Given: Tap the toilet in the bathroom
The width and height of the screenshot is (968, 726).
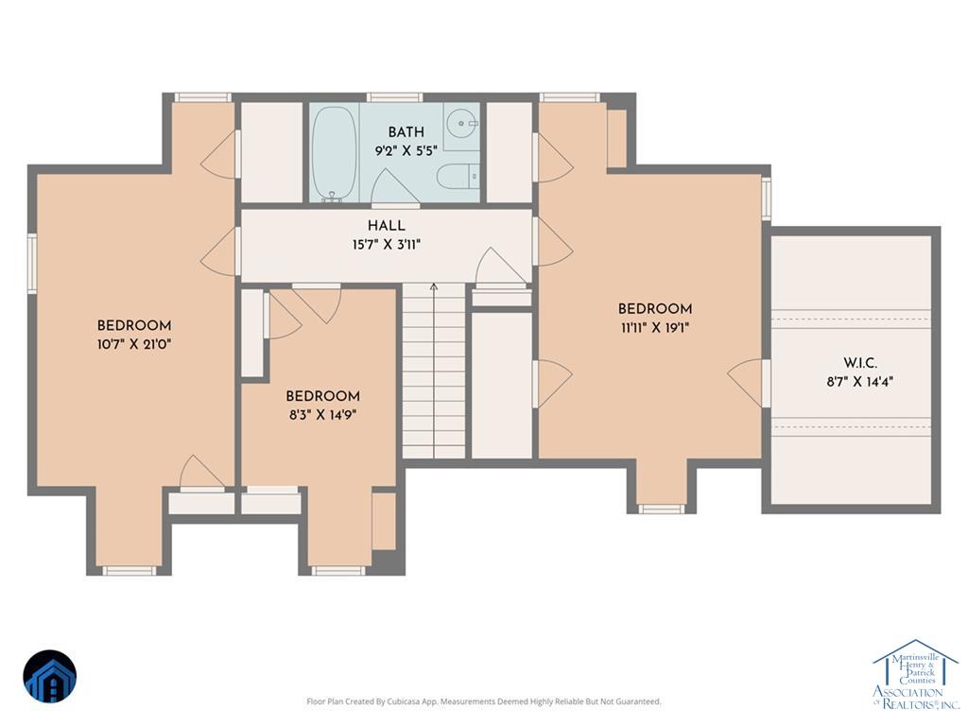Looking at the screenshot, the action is [x=458, y=176].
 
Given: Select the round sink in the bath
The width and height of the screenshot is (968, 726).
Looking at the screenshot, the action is [x=461, y=124].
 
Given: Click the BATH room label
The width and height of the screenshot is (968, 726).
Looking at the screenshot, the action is [x=406, y=132].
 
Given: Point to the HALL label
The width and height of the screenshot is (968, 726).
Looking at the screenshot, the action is [x=387, y=226].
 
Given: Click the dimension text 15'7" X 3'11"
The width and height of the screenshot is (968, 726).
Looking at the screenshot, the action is [x=387, y=245].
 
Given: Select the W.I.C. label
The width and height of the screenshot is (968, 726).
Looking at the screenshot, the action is [x=860, y=363].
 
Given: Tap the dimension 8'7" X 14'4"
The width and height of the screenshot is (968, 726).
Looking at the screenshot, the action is [x=860, y=382].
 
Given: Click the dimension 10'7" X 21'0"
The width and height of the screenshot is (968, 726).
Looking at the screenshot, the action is [x=134, y=344].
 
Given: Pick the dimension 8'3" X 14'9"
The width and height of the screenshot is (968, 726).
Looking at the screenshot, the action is [x=323, y=415].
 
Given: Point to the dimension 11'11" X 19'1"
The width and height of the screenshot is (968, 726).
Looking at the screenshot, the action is [x=655, y=328].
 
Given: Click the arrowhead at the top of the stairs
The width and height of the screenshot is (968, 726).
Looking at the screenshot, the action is [x=434, y=286].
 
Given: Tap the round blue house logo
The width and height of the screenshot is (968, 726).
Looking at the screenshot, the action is [x=50, y=677].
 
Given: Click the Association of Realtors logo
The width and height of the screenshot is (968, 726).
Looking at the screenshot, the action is [x=915, y=674].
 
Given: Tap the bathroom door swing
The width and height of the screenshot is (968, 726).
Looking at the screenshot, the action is [x=395, y=185].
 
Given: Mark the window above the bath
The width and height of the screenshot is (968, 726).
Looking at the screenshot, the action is [x=395, y=97].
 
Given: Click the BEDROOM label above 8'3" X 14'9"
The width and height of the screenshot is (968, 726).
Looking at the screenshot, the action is [x=323, y=396].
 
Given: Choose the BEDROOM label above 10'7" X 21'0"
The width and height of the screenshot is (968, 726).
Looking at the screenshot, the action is [x=134, y=325].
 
